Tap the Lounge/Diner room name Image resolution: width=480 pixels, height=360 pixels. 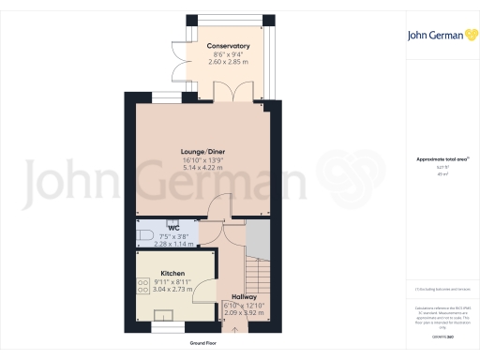click(203, 151)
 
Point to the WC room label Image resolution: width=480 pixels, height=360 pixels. click(173, 228)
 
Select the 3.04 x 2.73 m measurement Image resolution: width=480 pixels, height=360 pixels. click(172, 290)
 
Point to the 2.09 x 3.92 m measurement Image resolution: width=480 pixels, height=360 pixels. click(243, 312)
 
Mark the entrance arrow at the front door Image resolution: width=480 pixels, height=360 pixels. click(234, 328)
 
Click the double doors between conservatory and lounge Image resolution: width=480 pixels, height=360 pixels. click(226, 93)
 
